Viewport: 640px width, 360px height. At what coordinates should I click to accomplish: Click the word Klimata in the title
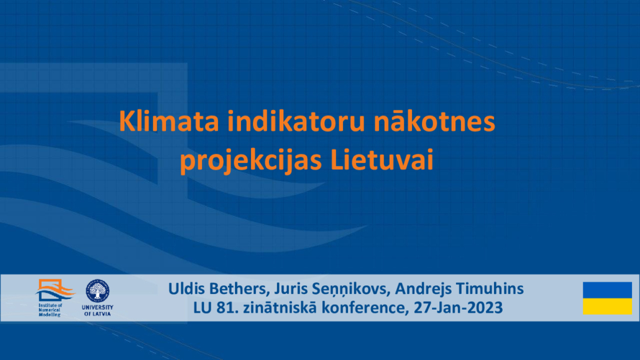(169, 121)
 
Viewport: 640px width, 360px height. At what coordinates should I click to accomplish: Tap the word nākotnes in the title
(434, 121)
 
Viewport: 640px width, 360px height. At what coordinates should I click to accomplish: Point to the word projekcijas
(250, 161)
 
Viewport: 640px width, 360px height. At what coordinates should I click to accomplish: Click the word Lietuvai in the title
(382, 159)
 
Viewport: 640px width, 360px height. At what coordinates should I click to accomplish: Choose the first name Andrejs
(423, 289)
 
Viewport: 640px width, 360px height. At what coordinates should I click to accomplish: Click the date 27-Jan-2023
(458, 308)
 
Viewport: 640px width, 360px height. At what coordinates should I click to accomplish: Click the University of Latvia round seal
(98, 291)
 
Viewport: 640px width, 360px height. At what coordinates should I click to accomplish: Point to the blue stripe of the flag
(607, 290)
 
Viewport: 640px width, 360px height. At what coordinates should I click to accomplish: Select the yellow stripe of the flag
(607, 307)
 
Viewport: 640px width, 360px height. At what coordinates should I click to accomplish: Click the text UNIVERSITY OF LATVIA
(98, 310)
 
